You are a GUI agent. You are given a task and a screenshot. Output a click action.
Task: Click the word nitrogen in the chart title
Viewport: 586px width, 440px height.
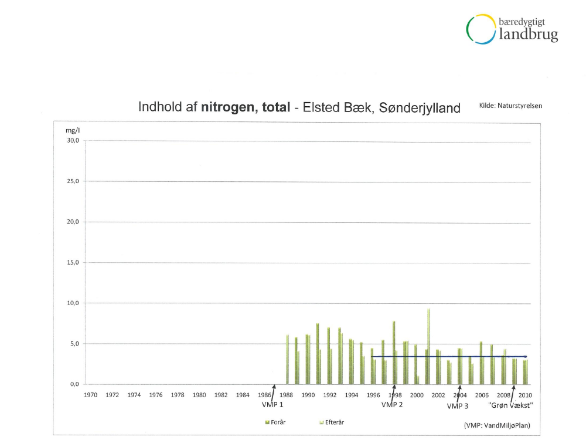tap(224, 107)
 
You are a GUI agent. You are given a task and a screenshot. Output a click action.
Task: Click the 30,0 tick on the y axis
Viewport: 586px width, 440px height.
tap(73, 141)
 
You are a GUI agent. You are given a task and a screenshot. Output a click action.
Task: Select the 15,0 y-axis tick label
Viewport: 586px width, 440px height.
tap(73, 263)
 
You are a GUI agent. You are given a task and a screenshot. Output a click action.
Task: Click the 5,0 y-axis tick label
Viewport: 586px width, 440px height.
tap(74, 344)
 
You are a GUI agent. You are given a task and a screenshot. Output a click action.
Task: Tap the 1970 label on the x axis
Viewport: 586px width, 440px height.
tap(90, 395)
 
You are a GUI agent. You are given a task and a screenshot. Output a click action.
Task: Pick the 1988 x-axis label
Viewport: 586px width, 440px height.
tap(287, 395)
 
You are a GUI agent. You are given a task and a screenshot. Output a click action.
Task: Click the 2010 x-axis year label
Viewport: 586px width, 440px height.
tap(525, 395)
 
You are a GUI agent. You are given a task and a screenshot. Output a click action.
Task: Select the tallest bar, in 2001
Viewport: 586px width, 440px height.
tap(428, 346)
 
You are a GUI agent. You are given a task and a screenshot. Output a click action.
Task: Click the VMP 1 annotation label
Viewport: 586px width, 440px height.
tap(272, 405)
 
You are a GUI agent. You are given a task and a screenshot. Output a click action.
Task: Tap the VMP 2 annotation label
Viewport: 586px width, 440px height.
tap(392, 405)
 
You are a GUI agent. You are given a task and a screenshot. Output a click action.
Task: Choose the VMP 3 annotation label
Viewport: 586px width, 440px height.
tap(458, 405)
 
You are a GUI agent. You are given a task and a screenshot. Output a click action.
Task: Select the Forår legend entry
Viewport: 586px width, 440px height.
tap(275, 422)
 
